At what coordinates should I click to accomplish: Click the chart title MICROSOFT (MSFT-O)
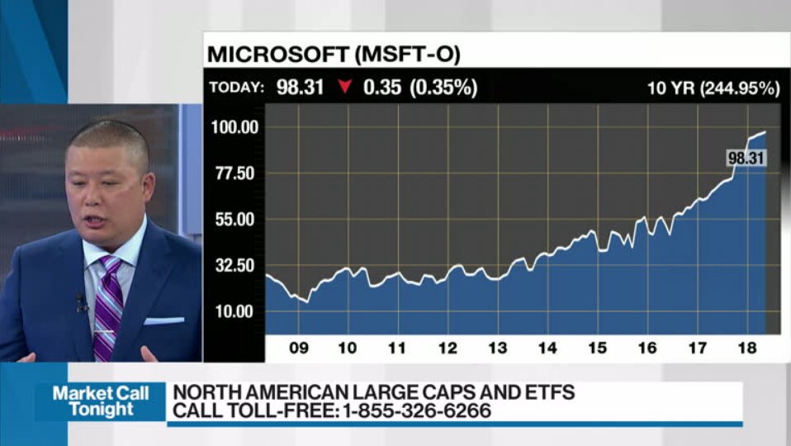[x=334, y=55]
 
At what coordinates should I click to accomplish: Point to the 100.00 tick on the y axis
[x=235, y=127]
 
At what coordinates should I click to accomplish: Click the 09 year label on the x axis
[x=298, y=348]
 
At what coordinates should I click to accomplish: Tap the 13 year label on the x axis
[x=497, y=348]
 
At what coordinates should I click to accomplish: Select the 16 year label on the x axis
[x=647, y=348]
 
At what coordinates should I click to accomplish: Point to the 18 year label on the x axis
[x=746, y=348]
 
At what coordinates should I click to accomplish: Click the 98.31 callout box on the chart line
[x=746, y=158]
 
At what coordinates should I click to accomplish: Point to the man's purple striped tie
[x=107, y=306]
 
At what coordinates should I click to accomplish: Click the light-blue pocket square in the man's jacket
[x=163, y=320]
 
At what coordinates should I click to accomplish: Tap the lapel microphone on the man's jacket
[x=81, y=302]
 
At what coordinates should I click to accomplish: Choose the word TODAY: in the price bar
[x=237, y=88]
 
